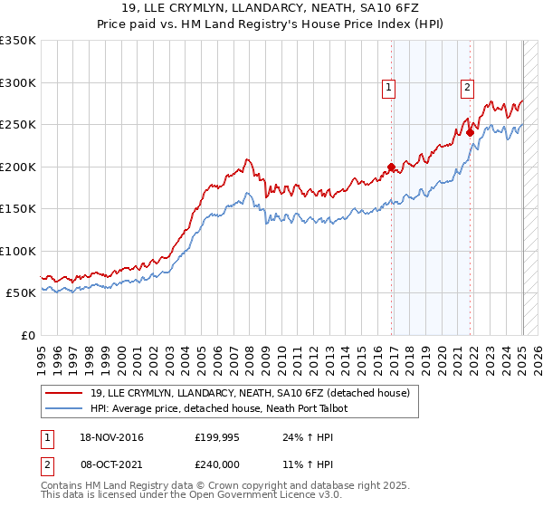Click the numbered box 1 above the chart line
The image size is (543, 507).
coord(388,88)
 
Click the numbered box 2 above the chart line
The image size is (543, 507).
coord(467,88)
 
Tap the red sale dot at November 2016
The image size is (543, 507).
coord(391,167)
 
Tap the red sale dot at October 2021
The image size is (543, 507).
coord(470,133)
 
